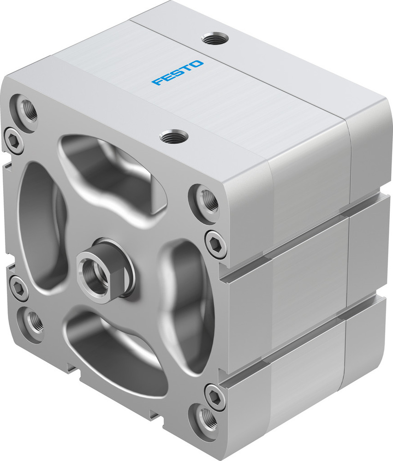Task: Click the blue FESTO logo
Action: [x=177, y=73]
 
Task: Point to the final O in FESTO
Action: [x=196, y=63]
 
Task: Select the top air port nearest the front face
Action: [x=174, y=136]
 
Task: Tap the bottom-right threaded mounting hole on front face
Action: [x=205, y=417]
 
